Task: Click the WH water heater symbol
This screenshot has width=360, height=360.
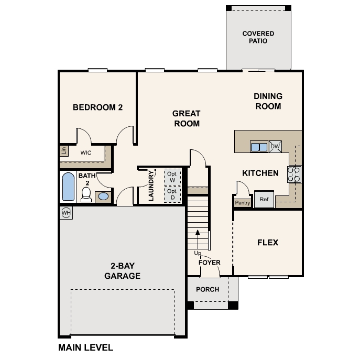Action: tap(66, 213)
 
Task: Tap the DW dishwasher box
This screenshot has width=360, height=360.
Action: tap(276, 147)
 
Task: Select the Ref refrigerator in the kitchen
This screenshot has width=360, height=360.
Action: tap(264, 200)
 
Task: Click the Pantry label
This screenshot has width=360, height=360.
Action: tap(242, 202)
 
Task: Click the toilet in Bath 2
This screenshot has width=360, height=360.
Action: tap(86, 194)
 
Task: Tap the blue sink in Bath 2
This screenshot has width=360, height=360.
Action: tap(103, 197)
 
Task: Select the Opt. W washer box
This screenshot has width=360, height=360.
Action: tap(172, 177)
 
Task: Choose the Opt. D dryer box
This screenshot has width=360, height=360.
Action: tap(172, 194)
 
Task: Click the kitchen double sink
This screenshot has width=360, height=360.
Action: tap(259, 147)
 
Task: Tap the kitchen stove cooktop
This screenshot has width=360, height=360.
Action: tap(294, 173)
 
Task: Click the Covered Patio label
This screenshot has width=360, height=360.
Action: tap(258, 37)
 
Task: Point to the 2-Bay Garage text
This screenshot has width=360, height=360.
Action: tap(122, 271)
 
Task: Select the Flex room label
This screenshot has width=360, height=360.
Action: tap(267, 243)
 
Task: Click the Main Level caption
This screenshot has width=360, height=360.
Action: tap(85, 347)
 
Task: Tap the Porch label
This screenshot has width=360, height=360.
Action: tap(208, 289)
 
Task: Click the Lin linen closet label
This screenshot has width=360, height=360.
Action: tap(63, 151)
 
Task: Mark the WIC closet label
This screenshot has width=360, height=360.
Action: tap(86, 153)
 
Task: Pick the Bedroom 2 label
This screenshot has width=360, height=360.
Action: tap(97, 107)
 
